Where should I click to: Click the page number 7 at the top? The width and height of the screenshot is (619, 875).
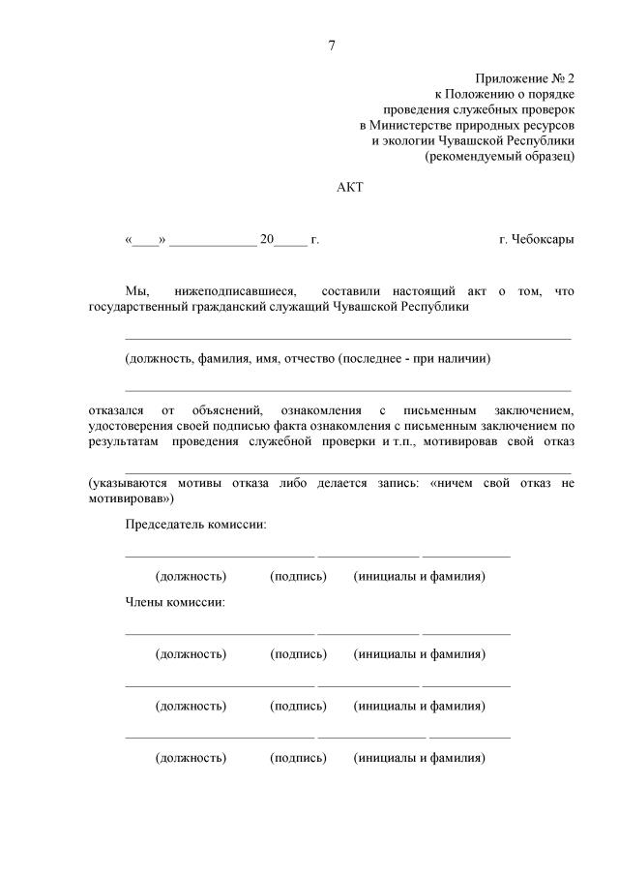333,45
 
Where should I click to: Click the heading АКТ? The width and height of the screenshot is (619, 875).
348,187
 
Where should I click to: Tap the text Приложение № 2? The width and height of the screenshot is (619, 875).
524,76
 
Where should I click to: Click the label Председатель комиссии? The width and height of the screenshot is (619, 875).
195,525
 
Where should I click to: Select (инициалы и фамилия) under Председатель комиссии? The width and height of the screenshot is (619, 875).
420,577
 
